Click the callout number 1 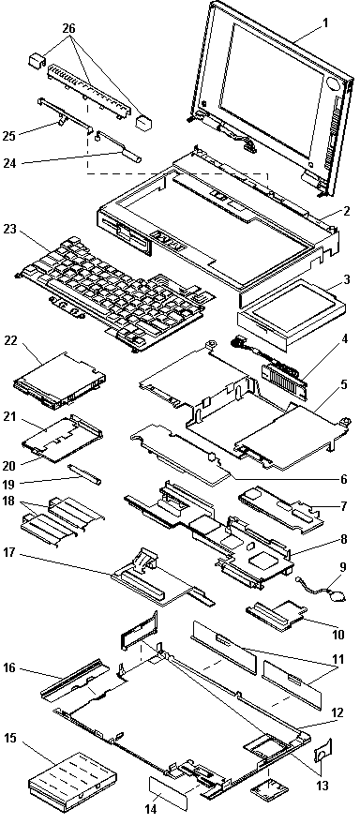coord(325,22)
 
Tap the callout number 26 coord(68,29)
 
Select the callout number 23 coord(10,229)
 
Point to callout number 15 coord(11,738)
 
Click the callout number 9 coord(343,567)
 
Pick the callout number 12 coord(337,712)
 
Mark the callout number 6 coord(343,479)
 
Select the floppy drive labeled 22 coord(60,381)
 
